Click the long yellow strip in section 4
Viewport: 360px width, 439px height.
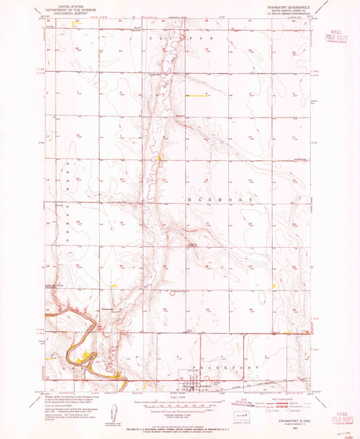[x=195, y=96]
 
